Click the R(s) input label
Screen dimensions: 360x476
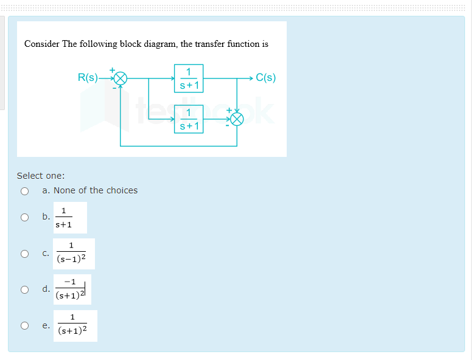point(88,78)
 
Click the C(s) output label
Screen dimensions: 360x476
point(266,78)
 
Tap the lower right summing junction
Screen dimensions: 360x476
point(237,119)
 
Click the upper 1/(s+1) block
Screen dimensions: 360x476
point(189,78)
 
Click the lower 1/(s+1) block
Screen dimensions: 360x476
point(189,119)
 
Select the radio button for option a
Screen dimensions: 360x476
point(25,191)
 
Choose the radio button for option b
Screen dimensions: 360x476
point(25,217)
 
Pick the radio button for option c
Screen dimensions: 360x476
point(25,254)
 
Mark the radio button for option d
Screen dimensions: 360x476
point(25,289)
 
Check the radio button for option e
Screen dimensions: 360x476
point(25,326)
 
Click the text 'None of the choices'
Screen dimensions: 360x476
point(96,190)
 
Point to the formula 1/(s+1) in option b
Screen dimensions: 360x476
point(64,218)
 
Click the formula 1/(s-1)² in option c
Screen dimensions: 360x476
point(71,252)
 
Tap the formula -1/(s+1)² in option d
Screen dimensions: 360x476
point(72,289)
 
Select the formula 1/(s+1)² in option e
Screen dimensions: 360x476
point(72,325)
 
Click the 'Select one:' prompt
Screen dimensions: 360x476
point(41,176)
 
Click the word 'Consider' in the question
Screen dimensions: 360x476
point(42,44)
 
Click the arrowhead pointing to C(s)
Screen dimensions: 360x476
point(251,78)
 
